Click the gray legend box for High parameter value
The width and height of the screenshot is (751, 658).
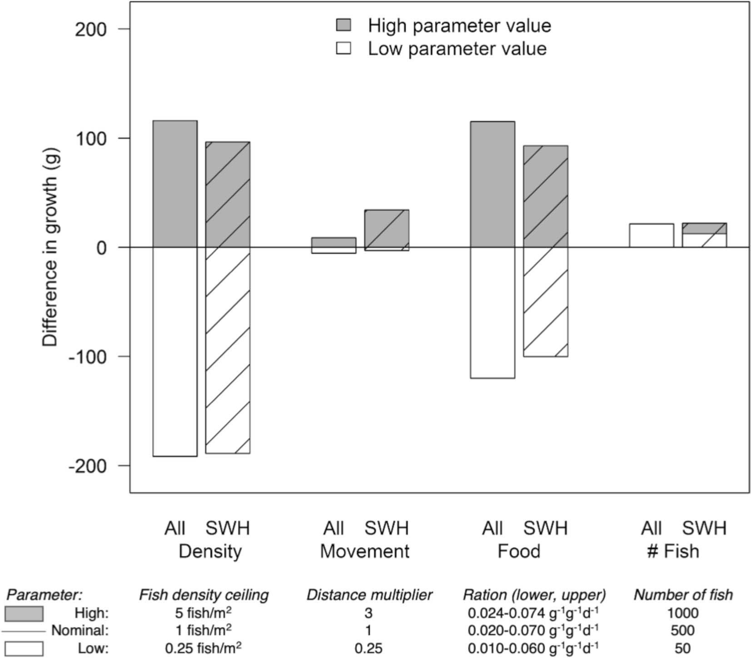343,25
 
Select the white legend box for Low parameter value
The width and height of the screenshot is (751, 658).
343,48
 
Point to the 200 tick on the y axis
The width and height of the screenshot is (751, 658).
90,30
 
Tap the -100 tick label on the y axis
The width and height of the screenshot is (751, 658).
87,357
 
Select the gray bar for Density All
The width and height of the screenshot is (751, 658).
175,183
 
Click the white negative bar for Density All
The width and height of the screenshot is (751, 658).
175,351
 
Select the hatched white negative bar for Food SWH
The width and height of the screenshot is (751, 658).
546,302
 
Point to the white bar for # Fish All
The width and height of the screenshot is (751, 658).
651,236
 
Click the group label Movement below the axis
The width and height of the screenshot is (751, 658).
364,551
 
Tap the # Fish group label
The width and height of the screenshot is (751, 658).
673,551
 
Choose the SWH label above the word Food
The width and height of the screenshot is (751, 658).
545,528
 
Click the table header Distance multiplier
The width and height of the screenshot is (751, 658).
369,595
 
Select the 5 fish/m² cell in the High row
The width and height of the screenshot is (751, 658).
203,613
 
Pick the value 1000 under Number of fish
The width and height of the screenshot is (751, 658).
682,613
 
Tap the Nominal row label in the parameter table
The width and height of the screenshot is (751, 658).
80,631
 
